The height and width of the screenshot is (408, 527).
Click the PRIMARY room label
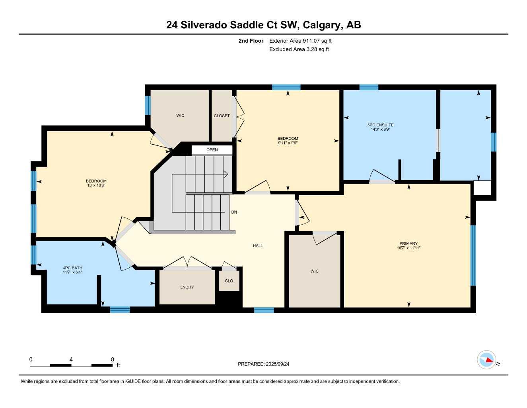[x=408, y=243]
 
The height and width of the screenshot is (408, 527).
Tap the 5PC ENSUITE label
[x=380, y=125]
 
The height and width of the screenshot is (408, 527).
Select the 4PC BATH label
[x=72, y=268]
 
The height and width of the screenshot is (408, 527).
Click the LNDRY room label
[x=187, y=287]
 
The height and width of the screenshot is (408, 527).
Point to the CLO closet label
[x=229, y=281]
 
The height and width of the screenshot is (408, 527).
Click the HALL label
[x=258, y=246]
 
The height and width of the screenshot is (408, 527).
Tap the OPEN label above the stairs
[x=212, y=150]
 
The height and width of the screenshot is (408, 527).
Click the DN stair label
[x=234, y=212]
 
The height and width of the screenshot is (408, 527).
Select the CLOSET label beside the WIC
[x=222, y=116]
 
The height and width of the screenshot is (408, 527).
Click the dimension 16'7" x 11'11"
[x=408, y=248]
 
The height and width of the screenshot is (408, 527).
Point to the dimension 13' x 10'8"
[x=96, y=186]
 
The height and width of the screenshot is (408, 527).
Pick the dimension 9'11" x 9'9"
[x=288, y=143]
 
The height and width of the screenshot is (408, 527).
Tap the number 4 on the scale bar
[x=71, y=359]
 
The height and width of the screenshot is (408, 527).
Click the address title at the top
[x=263, y=25]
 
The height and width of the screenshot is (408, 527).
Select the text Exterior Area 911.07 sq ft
[x=300, y=41]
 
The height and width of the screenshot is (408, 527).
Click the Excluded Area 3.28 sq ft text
[x=299, y=49]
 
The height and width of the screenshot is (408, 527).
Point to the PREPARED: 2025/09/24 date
[x=263, y=364]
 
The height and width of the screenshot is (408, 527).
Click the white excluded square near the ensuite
[x=482, y=188]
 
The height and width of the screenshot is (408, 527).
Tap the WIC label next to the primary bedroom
[x=315, y=271]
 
